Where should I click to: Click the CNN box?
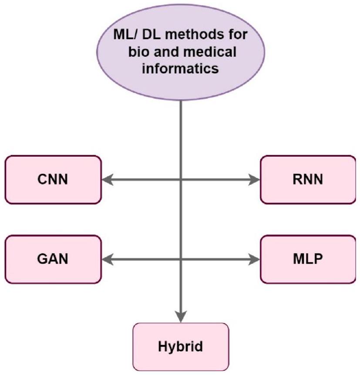coord(53,179)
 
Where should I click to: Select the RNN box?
coord(307,179)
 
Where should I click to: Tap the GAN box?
coord(53,260)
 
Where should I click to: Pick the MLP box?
coord(307,260)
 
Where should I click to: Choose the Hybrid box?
coord(180,347)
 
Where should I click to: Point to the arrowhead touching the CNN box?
coord(107,179)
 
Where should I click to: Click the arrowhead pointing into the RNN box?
coord(254,179)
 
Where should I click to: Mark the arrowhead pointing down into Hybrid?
coord(180,317)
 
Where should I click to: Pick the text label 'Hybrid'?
coord(180,347)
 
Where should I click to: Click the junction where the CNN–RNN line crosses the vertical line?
coord(180,179)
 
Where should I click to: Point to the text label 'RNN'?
coord(307,179)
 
